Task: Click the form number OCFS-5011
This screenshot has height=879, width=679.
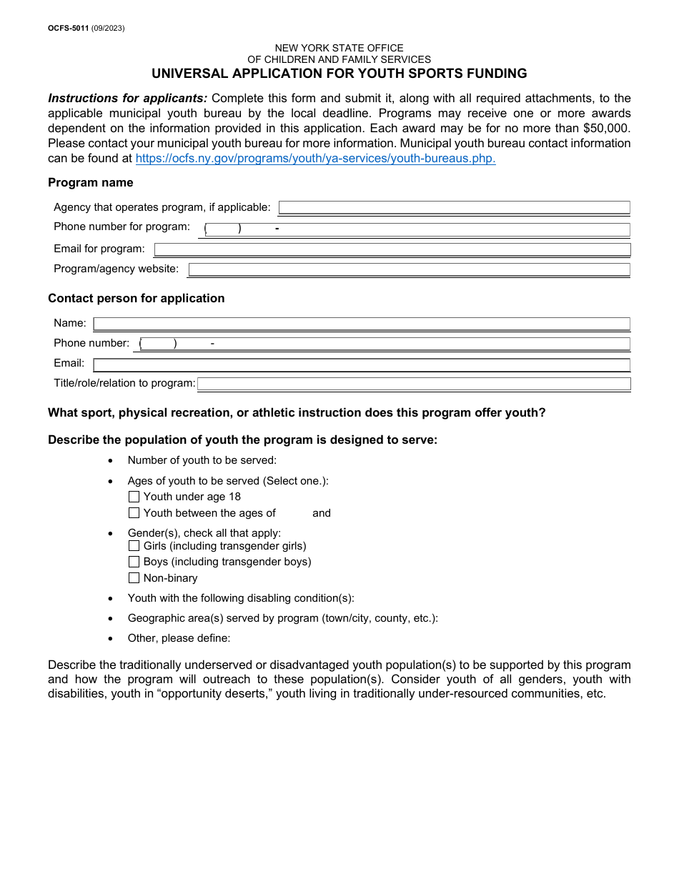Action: tap(68, 29)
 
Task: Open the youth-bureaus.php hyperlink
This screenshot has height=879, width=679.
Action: tap(315, 159)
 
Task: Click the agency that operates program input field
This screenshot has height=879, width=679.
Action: tap(454, 208)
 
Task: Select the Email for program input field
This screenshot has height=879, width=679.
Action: tap(392, 249)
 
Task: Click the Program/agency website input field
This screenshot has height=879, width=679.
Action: tap(409, 269)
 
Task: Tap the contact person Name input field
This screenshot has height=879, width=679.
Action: tap(362, 324)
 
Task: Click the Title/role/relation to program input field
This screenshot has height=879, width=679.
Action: tap(414, 384)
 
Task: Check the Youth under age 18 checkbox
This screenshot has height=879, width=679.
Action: tap(134, 497)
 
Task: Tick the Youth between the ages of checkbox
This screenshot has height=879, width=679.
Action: tap(134, 513)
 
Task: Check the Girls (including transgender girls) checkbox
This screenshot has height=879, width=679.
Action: tap(134, 546)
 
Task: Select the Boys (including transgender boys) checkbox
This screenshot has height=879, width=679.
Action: tap(134, 562)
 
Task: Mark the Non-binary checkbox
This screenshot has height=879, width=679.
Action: tap(134, 578)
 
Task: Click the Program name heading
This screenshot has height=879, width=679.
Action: tap(90, 183)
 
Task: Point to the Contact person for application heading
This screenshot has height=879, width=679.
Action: tap(136, 299)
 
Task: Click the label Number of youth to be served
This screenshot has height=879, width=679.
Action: tap(202, 461)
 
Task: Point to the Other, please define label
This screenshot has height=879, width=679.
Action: tap(179, 638)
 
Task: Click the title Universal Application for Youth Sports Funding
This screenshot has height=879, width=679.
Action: tap(339, 74)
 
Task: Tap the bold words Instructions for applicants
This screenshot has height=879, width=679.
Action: tap(127, 99)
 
